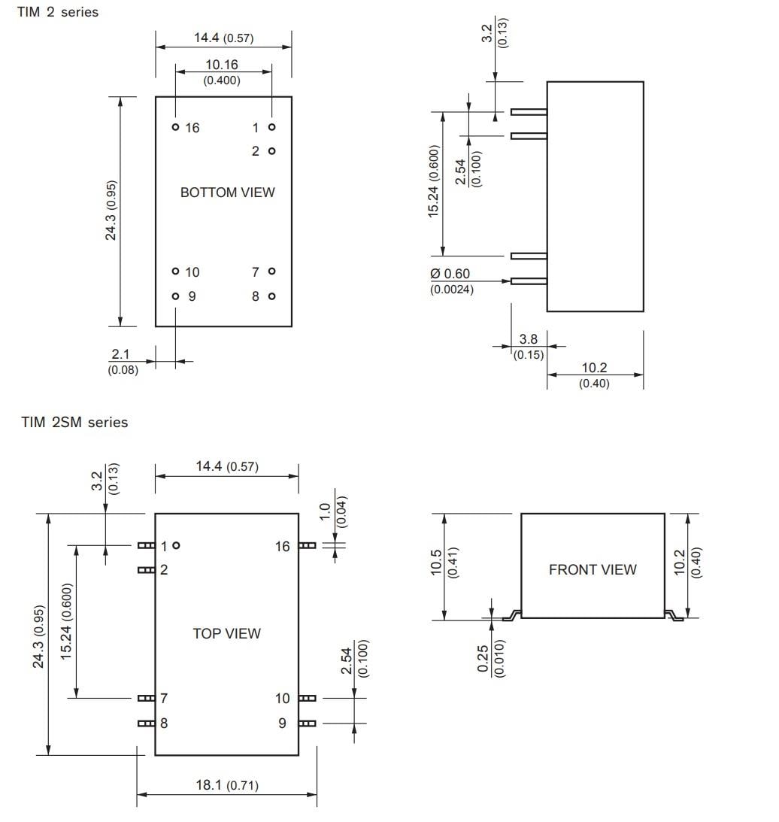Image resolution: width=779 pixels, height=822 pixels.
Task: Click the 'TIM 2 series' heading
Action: [x=58, y=12]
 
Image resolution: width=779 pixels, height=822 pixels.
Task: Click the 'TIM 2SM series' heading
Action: [x=74, y=423]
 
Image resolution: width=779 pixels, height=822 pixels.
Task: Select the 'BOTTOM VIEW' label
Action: [x=227, y=193]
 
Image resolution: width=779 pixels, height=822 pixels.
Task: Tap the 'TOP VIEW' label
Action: [x=226, y=633]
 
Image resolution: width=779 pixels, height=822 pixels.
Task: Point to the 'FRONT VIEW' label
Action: [x=592, y=570]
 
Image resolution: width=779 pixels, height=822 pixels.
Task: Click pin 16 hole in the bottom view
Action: [x=175, y=127]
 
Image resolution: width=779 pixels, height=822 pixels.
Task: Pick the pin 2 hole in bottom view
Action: [x=271, y=151]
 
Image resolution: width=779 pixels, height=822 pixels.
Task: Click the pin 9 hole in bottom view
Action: [x=175, y=296]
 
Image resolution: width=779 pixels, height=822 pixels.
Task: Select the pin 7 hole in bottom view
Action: [x=271, y=271]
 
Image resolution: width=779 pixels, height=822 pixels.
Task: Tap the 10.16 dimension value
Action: [x=222, y=65]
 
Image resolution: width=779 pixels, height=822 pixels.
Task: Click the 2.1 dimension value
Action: [x=121, y=354]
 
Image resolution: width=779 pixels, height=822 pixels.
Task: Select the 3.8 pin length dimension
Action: [x=529, y=340]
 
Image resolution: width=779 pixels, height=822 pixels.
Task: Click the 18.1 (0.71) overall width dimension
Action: [x=226, y=785]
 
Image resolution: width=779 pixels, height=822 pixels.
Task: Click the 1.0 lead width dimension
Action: [x=325, y=511]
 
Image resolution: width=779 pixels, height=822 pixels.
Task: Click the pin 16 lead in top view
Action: [x=307, y=545]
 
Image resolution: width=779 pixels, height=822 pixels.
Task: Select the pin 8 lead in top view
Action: [x=146, y=723]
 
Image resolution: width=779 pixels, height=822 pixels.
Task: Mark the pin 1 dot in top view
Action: [x=176, y=544]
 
